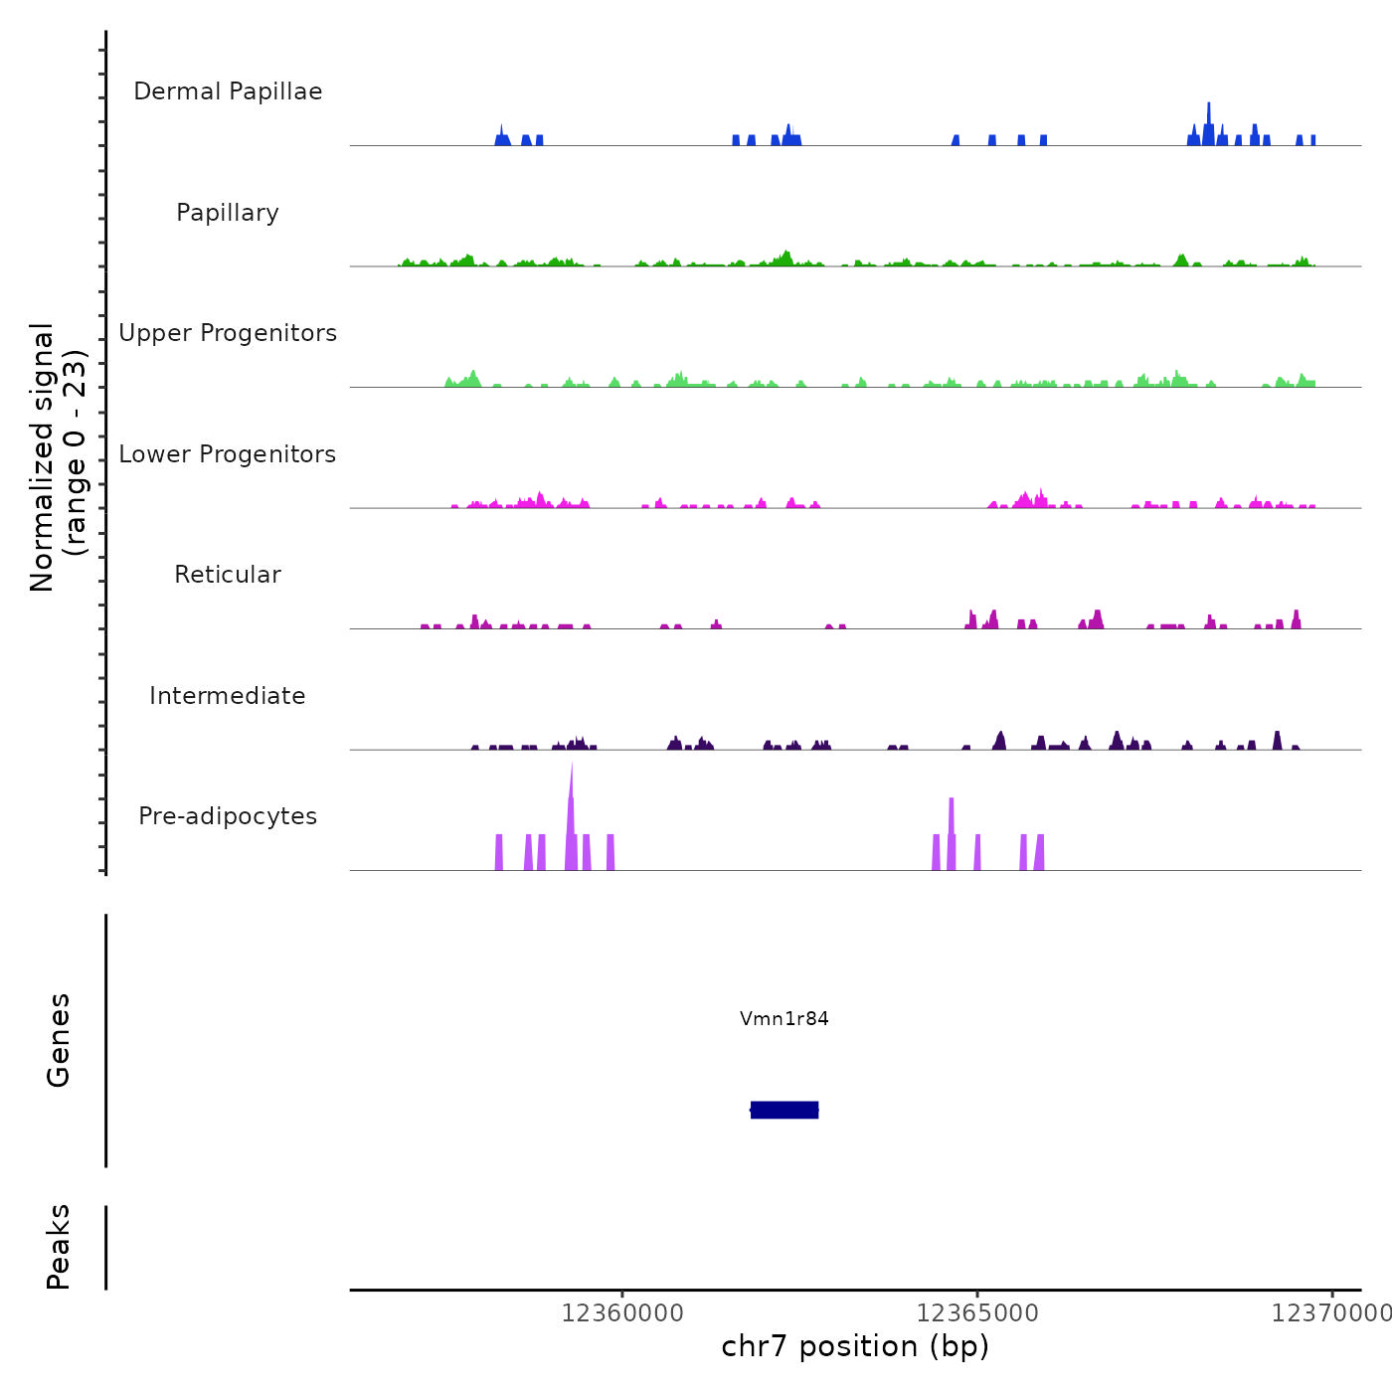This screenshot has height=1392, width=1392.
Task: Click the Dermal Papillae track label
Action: click(228, 91)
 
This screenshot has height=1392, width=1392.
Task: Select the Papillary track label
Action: click(228, 213)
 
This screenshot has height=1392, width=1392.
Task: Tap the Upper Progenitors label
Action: click(228, 333)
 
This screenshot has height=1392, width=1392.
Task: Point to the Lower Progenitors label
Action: click(228, 454)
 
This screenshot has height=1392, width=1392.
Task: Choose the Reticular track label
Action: click(228, 575)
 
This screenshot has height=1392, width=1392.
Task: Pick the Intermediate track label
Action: click(228, 696)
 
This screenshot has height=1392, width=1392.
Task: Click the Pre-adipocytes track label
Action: click(228, 816)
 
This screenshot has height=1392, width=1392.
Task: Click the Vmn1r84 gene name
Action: click(783, 1018)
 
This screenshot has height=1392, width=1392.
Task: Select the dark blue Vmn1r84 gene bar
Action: click(784, 1110)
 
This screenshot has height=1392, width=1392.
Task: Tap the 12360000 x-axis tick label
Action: click(622, 1313)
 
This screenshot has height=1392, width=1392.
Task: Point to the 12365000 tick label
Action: click(977, 1313)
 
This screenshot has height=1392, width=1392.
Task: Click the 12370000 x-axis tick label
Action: click(1330, 1313)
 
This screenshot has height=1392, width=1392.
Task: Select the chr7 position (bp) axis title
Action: click(855, 1346)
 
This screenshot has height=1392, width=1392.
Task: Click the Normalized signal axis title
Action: click(42, 456)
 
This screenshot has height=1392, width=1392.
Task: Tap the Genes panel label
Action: click(59, 1040)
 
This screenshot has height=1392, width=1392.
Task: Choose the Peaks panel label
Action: click(59, 1247)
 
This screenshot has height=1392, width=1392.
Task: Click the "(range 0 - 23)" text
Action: click(76, 452)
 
